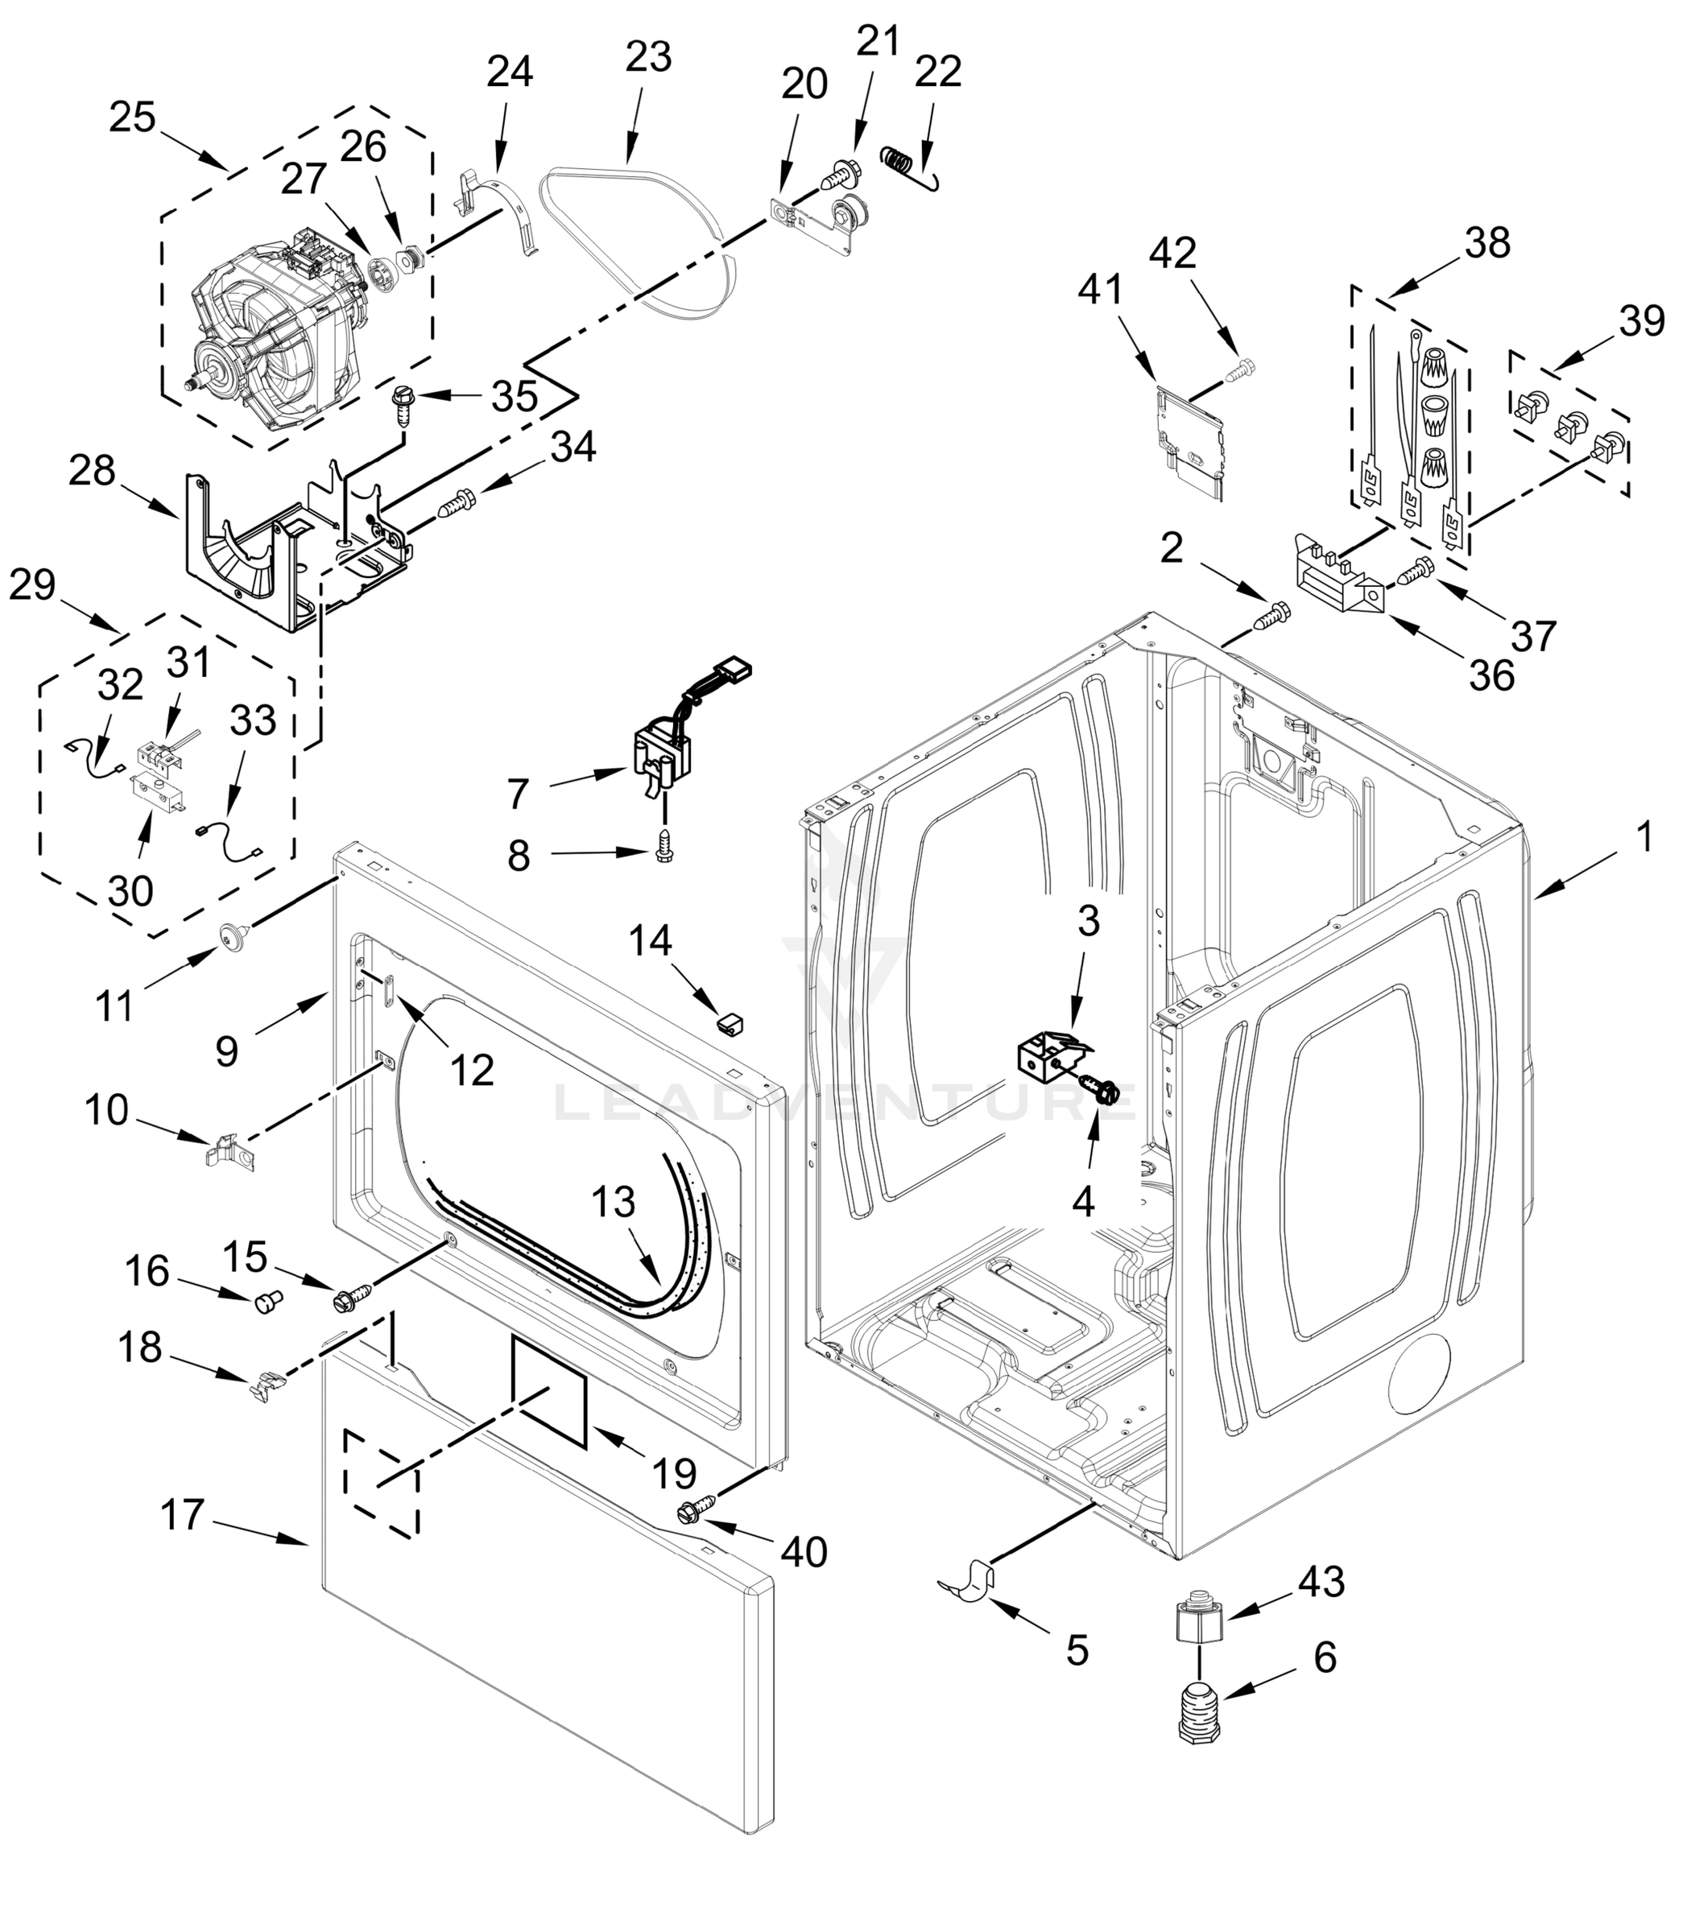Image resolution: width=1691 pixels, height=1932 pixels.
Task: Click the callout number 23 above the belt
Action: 648,56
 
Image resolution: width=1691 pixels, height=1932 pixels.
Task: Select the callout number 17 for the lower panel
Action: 181,1516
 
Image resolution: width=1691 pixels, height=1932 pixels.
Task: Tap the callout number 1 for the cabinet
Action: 1643,836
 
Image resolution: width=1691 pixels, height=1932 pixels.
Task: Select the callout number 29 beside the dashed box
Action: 32,586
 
